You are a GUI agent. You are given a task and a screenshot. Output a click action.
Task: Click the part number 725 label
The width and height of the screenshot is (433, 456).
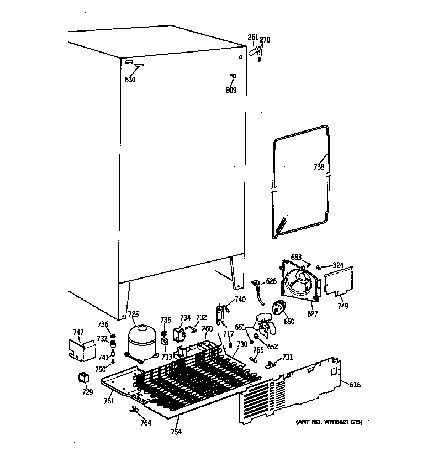tap(133, 315)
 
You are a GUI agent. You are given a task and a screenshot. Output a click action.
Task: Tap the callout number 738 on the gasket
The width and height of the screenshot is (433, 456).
tap(319, 167)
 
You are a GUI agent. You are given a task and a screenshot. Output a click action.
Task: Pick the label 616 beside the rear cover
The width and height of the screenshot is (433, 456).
tap(355, 385)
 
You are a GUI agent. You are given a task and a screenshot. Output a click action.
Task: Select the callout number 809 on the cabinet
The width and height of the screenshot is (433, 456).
tap(231, 90)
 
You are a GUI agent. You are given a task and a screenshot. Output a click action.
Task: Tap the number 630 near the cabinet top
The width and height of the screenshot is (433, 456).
tap(130, 80)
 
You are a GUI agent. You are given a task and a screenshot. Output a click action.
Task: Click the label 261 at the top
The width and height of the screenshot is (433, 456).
tap(253, 37)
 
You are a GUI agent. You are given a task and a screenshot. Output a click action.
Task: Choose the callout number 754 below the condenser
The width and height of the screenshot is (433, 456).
tap(176, 432)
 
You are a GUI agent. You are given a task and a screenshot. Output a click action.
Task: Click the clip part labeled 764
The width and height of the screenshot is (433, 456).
tap(134, 410)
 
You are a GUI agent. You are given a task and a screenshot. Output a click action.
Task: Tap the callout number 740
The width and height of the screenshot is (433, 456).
tap(240, 300)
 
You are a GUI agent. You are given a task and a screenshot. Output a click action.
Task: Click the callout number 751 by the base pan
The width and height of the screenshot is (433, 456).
tap(109, 401)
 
